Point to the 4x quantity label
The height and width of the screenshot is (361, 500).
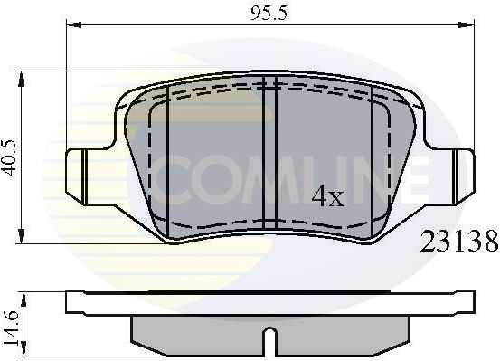click(329, 196)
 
